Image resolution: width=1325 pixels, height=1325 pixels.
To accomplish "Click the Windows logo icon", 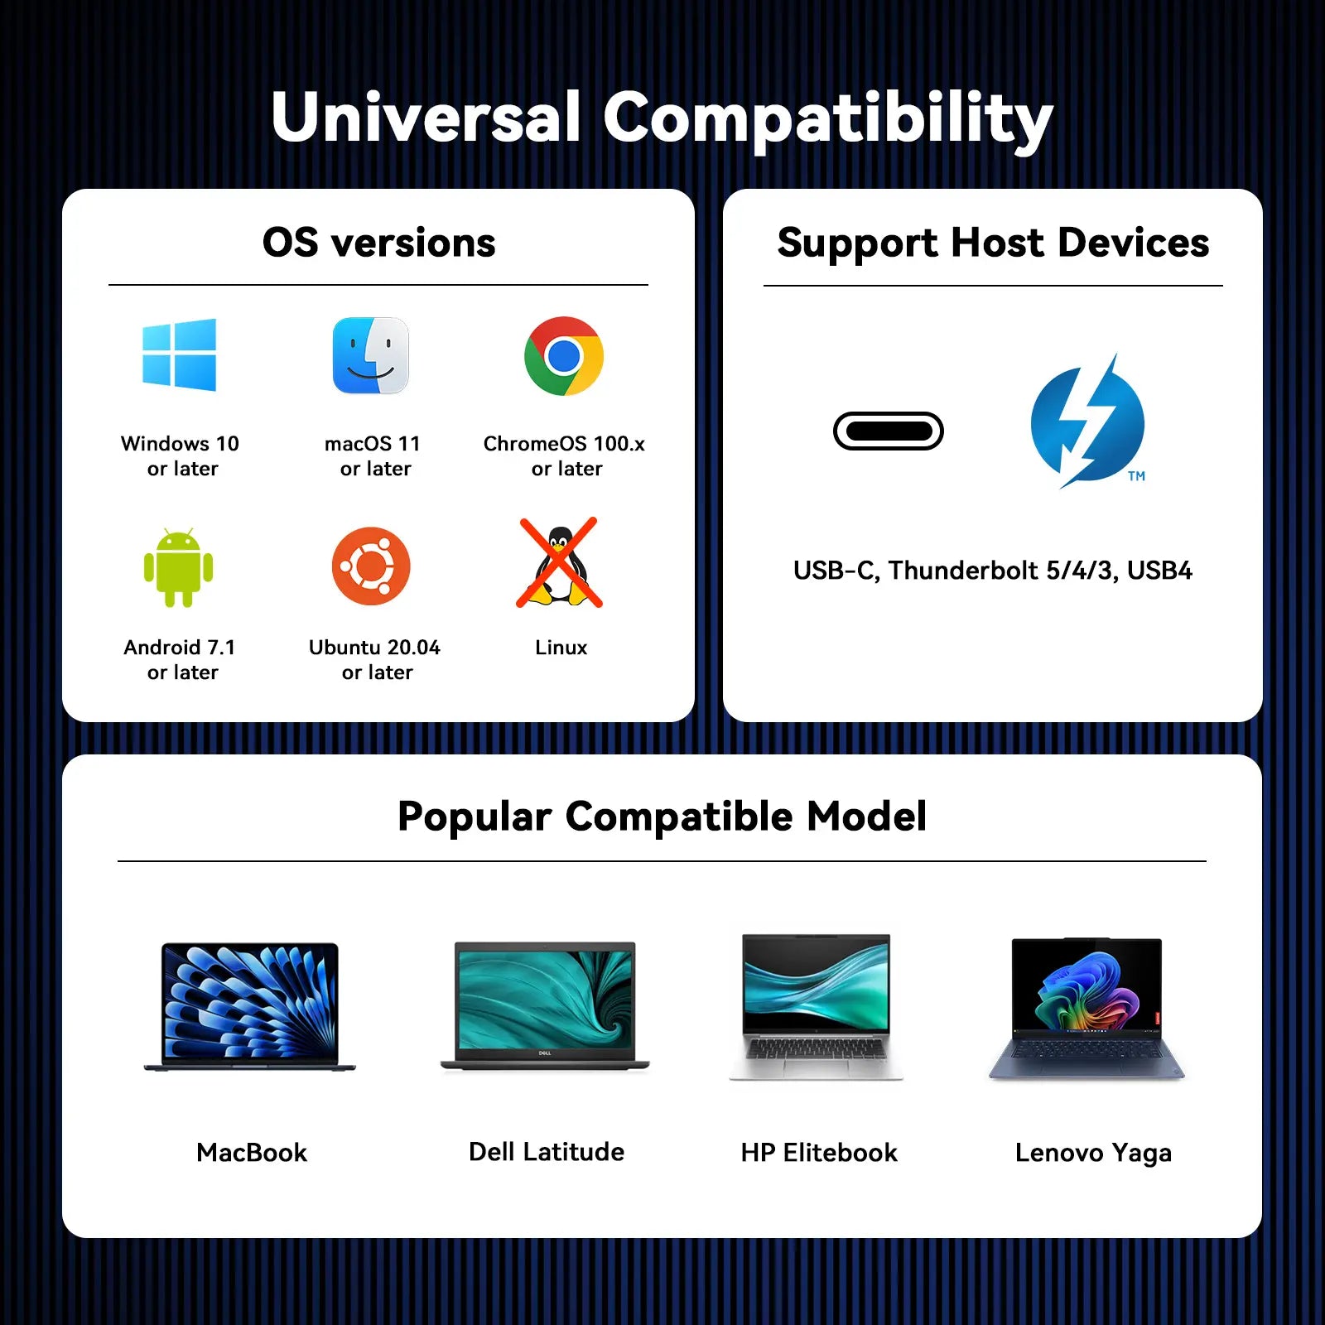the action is click(179, 354).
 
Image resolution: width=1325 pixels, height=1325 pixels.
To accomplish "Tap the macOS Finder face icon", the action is click(370, 355).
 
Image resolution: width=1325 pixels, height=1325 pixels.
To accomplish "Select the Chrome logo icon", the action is click(564, 356).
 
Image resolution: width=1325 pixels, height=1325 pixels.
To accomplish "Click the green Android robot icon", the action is click(178, 567).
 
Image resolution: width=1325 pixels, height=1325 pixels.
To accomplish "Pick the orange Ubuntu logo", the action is click(371, 566).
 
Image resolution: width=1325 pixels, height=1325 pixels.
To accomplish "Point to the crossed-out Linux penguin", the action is click(560, 563).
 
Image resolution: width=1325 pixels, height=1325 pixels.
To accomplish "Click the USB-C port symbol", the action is click(889, 431).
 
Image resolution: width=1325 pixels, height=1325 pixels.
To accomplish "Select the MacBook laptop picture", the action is click(250, 1007).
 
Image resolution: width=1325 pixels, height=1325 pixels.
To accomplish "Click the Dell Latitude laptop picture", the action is click(545, 1006).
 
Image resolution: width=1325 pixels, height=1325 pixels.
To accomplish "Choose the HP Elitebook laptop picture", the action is click(817, 1007).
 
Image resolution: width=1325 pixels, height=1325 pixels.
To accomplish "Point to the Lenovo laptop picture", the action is click(1087, 1009).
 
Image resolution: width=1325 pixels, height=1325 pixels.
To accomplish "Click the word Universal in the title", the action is click(426, 117).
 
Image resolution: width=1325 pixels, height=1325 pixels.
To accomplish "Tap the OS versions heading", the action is click(379, 243).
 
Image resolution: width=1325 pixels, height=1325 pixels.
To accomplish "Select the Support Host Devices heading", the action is click(993, 243).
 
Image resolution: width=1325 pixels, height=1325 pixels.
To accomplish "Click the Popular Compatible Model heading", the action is click(662, 817).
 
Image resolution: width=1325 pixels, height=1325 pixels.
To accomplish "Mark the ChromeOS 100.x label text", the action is click(564, 444).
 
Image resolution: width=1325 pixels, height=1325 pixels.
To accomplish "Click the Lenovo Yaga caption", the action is click(1093, 1153).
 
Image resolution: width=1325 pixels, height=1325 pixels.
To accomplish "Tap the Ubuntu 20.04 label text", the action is click(374, 648).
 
